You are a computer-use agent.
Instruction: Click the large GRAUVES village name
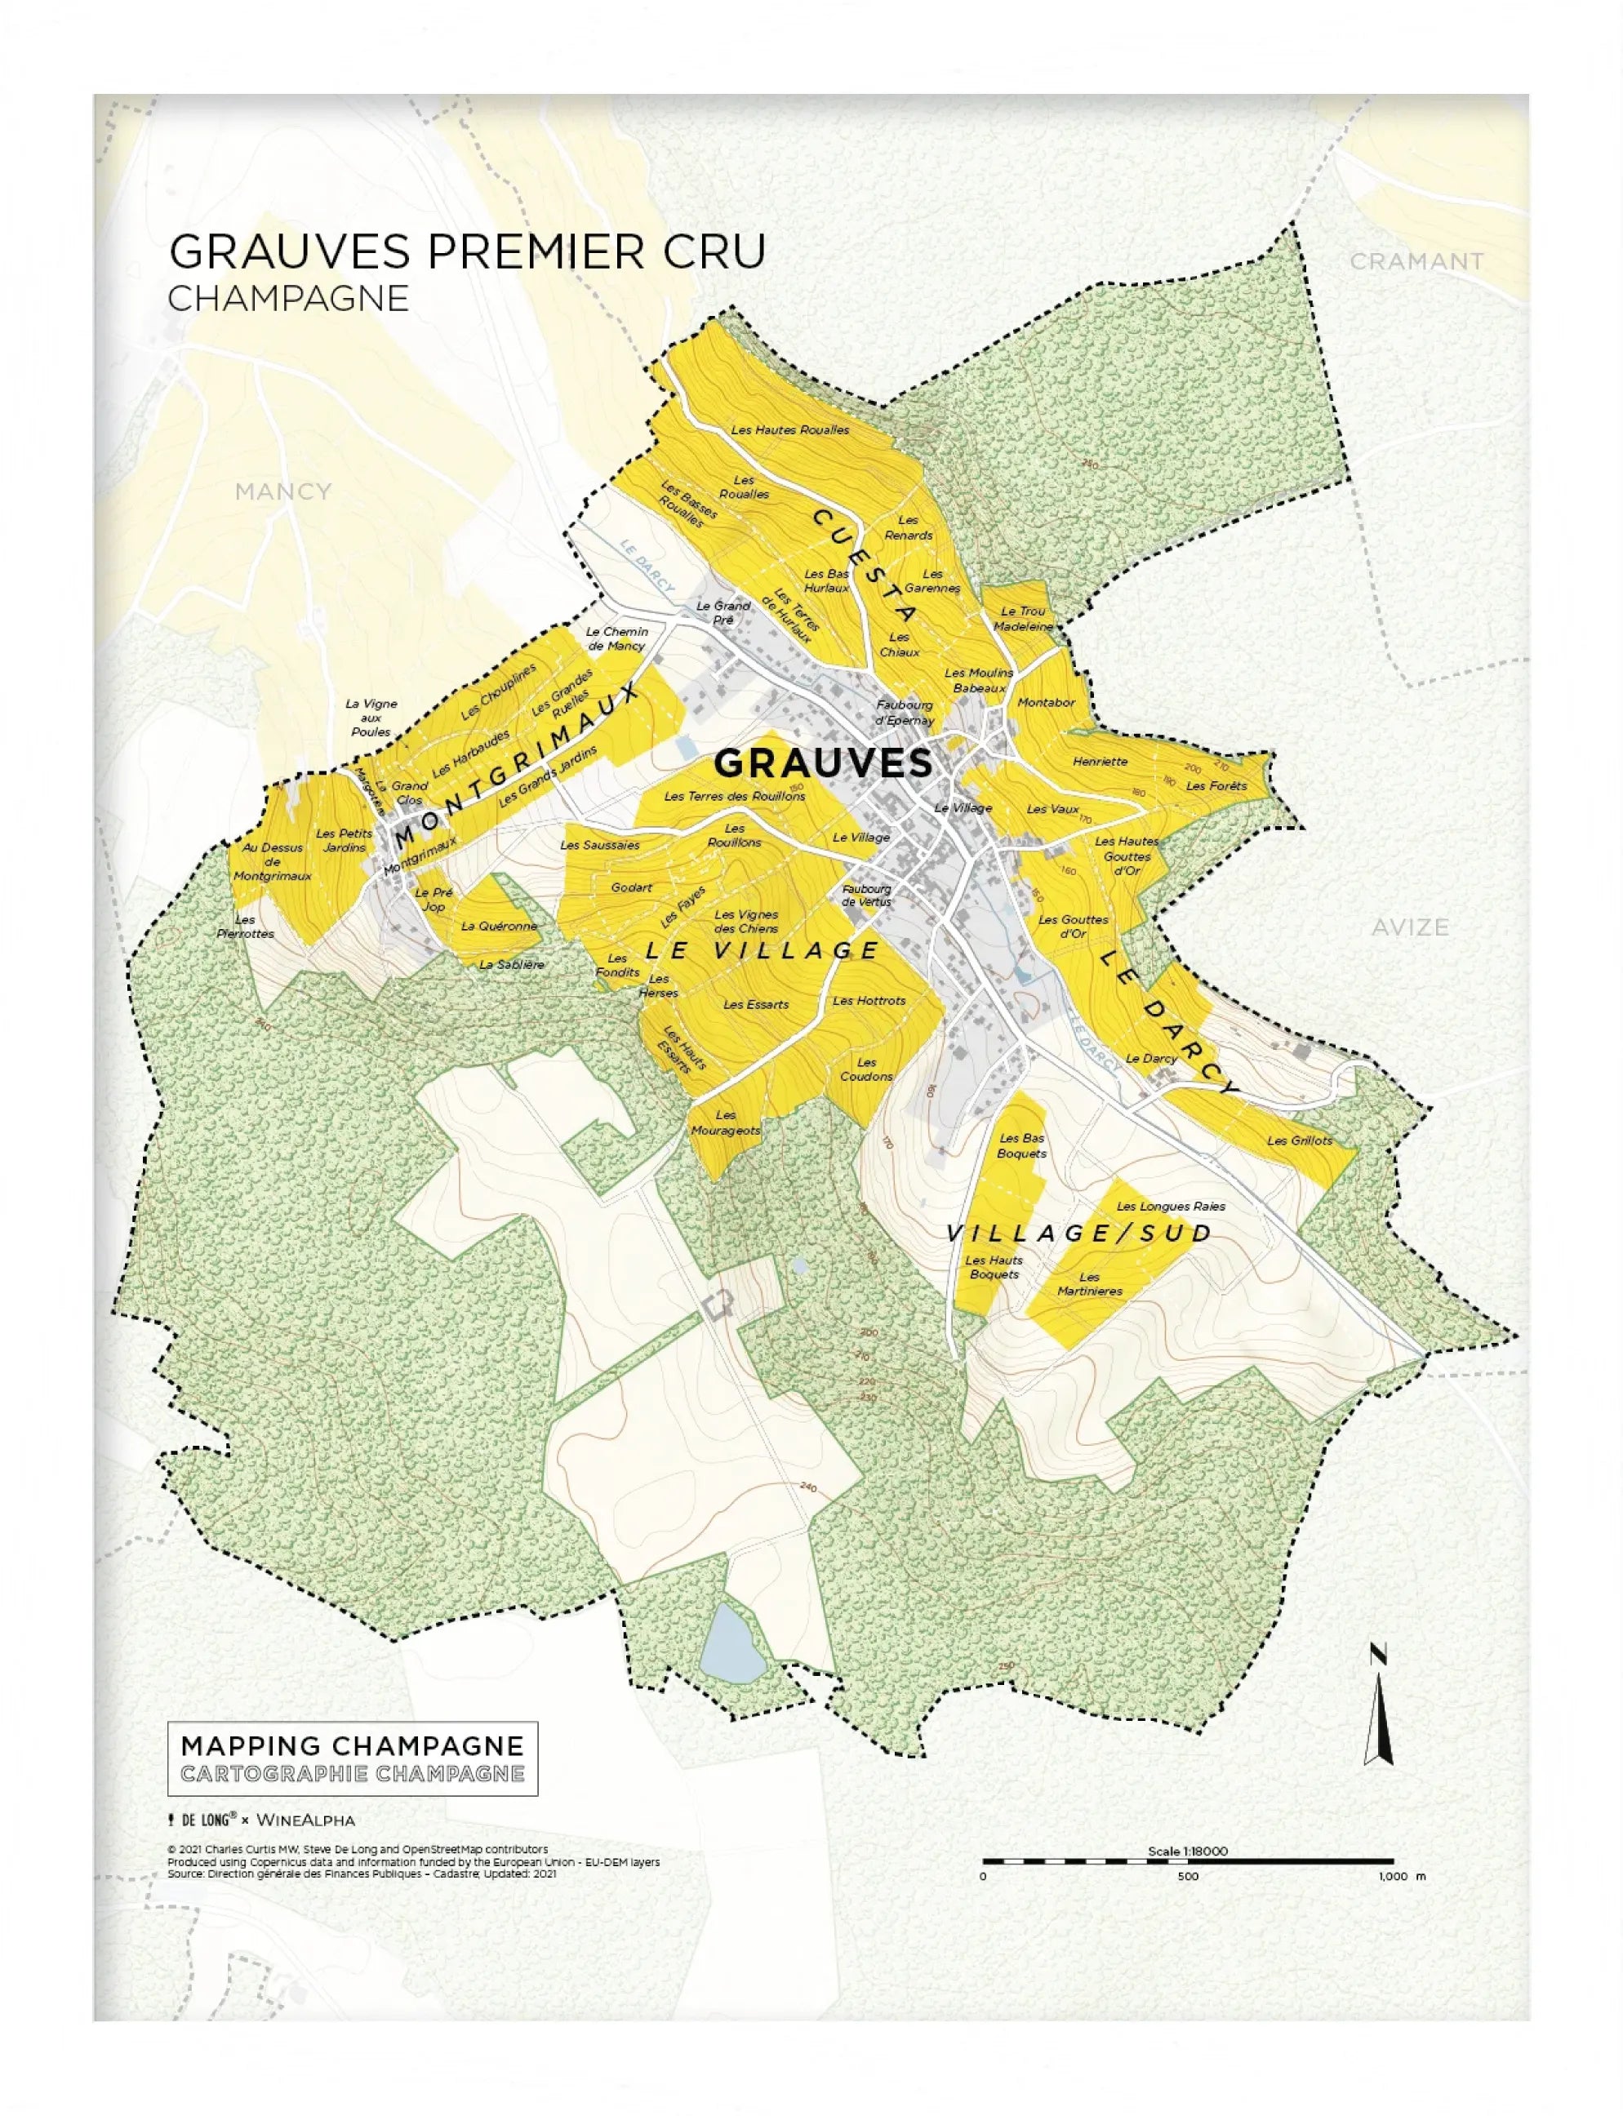[x=823, y=764]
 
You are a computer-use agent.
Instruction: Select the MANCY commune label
[x=283, y=491]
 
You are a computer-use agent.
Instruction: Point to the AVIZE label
[x=1409, y=927]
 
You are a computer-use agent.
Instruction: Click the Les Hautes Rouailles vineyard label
[x=789, y=429]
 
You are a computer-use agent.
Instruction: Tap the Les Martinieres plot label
[x=1089, y=1283]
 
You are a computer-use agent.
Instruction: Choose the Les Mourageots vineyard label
[x=726, y=1122]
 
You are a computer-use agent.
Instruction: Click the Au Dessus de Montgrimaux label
[x=273, y=861]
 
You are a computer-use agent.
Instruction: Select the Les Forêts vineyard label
[x=1216, y=785]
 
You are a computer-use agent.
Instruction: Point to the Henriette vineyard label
[x=1100, y=761]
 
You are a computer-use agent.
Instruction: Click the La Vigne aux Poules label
[x=371, y=718]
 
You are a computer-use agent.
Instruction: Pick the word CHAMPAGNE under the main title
[x=288, y=299]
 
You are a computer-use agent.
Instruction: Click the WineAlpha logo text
[x=306, y=1820]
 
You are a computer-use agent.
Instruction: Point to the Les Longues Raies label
[x=1170, y=1207]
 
